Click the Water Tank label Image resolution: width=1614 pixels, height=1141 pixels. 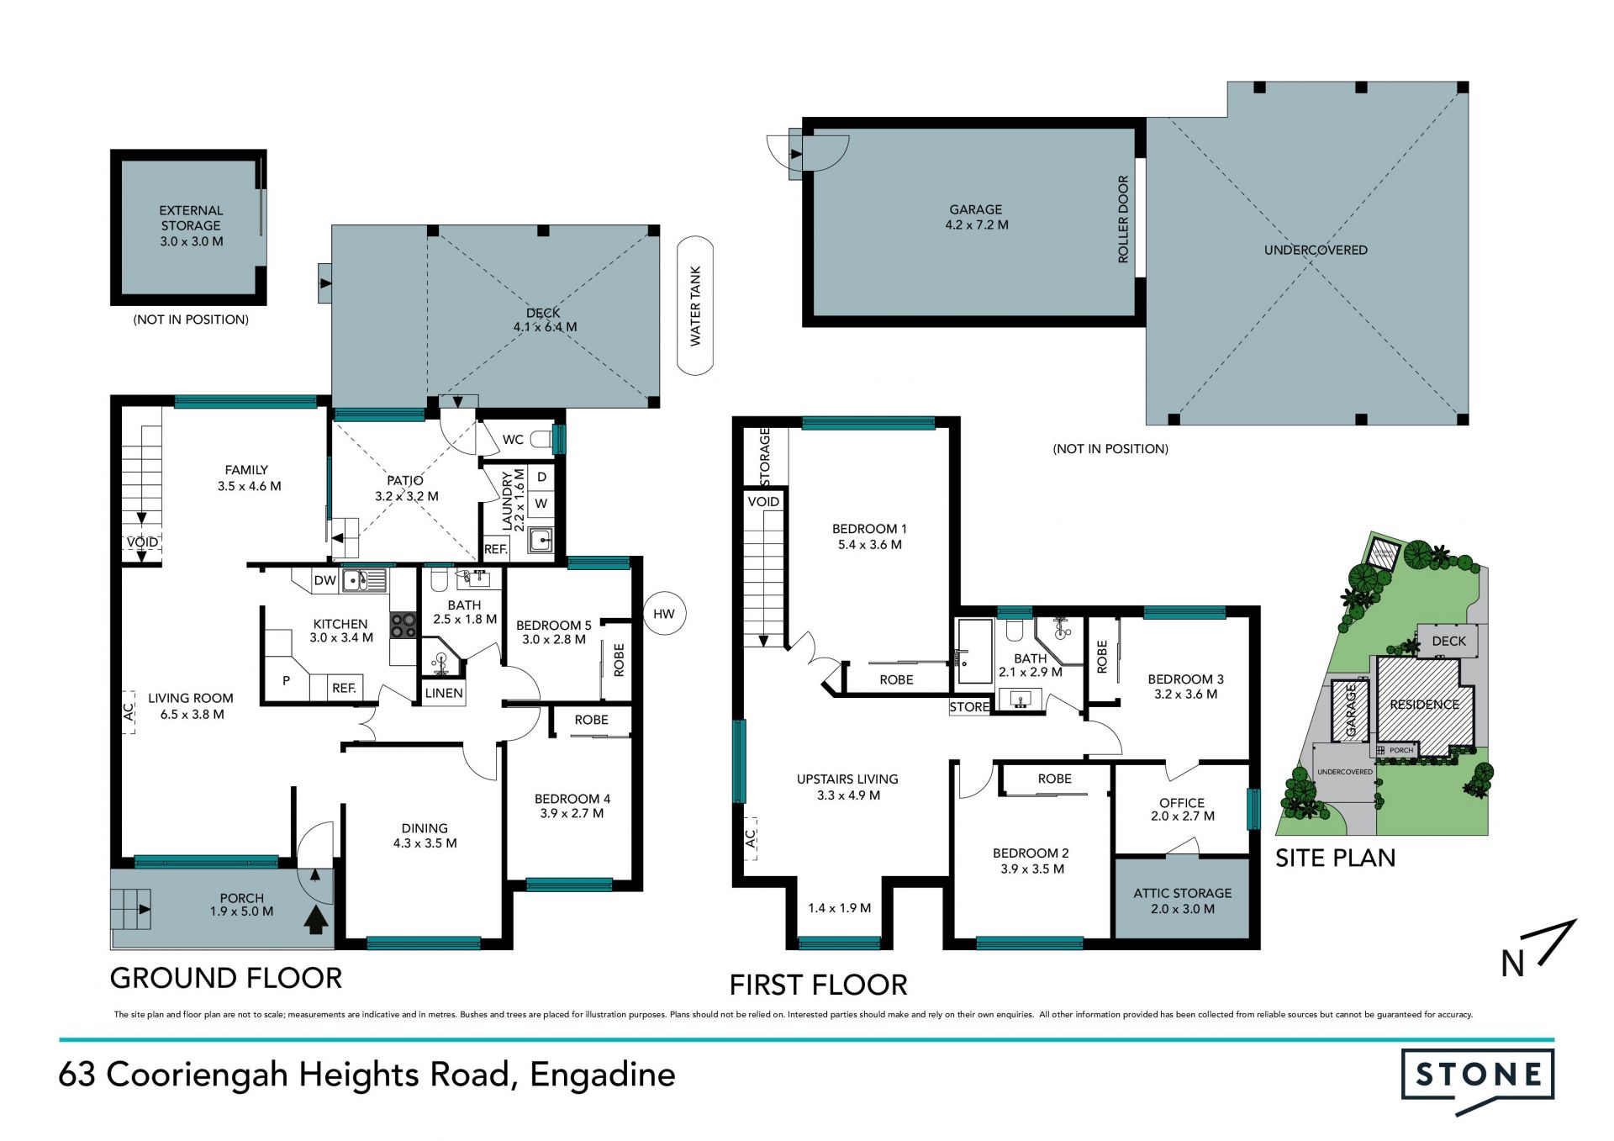pos(695,306)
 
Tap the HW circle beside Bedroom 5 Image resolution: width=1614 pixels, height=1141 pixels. pos(664,614)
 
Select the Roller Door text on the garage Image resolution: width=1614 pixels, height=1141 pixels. pos(1123,219)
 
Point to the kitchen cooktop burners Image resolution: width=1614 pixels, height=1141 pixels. pos(403,626)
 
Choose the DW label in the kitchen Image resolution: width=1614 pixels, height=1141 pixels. pos(324,580)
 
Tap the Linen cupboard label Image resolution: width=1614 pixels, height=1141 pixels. pos(444,693)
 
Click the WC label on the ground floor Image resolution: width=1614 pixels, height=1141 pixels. pos(513,440)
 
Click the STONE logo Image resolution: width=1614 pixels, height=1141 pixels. pos(1478,1075)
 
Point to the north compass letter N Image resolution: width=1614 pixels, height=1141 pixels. pos(1513,964)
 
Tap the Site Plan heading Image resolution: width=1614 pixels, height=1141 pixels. pos(1335,858)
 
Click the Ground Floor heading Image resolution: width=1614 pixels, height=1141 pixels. pos(226,978)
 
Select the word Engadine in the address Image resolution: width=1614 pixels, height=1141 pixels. pos(603,1075)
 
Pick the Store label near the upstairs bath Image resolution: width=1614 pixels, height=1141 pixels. pos(969,707)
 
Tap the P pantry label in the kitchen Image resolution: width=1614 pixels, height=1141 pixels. pos(286,680)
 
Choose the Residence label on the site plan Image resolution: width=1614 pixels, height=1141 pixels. pos(1424,705)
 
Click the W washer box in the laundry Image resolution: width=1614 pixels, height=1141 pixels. pos(541,504)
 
